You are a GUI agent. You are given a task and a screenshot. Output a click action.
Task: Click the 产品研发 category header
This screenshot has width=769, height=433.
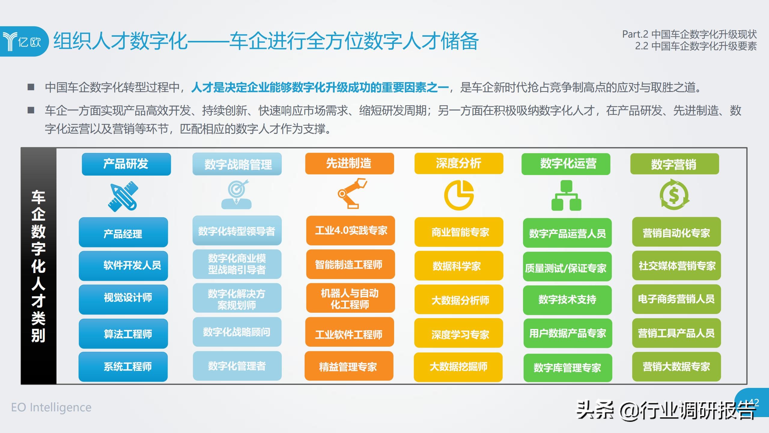click(x=126, y=164)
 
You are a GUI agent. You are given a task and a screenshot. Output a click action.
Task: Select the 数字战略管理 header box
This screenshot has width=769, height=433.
click(x=237, y=164)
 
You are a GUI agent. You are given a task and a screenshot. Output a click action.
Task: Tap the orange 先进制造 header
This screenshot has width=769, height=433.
click(x=350, y=164)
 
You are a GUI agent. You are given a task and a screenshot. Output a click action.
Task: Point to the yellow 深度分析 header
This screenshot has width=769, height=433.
click(x=459, y=163)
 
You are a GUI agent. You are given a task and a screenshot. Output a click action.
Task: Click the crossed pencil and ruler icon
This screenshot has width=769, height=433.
click(x=123, y=196)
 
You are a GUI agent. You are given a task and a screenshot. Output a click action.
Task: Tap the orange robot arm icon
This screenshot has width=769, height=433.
click(x=352, y=193)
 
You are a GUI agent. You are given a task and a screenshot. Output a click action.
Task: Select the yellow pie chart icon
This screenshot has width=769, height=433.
click(x=459, y=195)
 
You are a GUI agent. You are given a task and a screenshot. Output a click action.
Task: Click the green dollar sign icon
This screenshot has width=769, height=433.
click(x=674, y=195)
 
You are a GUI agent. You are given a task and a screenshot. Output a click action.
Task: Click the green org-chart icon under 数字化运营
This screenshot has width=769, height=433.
click(x=566, y=195)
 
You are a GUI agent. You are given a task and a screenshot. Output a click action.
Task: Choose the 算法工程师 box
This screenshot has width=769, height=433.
click(x=123, y=334)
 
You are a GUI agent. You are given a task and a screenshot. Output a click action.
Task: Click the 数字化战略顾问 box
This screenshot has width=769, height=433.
click(x=237, y=332)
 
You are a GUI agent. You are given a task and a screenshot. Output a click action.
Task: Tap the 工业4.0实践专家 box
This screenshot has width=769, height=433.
click(x=351, y=231)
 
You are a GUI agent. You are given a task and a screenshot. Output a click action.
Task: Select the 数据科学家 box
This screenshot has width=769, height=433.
click(x=459, y=266)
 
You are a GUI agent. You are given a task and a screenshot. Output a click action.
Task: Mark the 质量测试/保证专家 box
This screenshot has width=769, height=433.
click(x=567, y=267)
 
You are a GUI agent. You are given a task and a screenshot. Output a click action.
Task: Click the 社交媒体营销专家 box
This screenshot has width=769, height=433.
click(x=676, y=266)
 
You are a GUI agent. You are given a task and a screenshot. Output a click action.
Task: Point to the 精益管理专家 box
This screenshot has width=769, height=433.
click(x=349, y=366)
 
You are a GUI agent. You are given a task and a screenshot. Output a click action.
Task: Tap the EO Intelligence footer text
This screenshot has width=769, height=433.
click(x=51, y=407)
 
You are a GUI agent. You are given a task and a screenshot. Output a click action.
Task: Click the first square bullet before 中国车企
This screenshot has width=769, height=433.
click(x=31, y=87)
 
